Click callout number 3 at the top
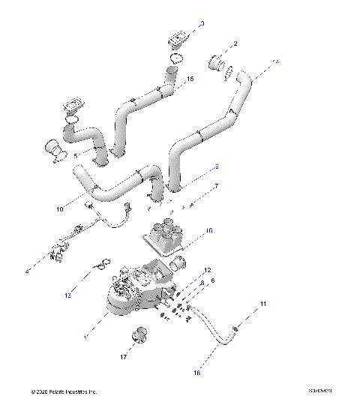pyautogui.click(x=201, y=23)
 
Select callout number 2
pyautogui.click(x=235, y=44)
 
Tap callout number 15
pyautogui.click(x=190, y=79)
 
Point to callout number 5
pyautogui.click(x=75, y=156)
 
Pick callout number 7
pyautogui.click(x=217, y=186)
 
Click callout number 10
pyautogui.click(x=59, y=210)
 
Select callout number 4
pyautogui.click(x=28, y=271)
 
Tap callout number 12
pyautogui.click(x=208, y=270)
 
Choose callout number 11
pyautogui.click(x=242, y=304)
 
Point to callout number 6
pyautogui.click(x=213, y=280)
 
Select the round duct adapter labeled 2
pyautogui.click(x=218, y=62)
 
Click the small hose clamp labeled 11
pyautogui.click(x=235, y=328)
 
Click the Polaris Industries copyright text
pyautogui.click(x=64, y=391)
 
